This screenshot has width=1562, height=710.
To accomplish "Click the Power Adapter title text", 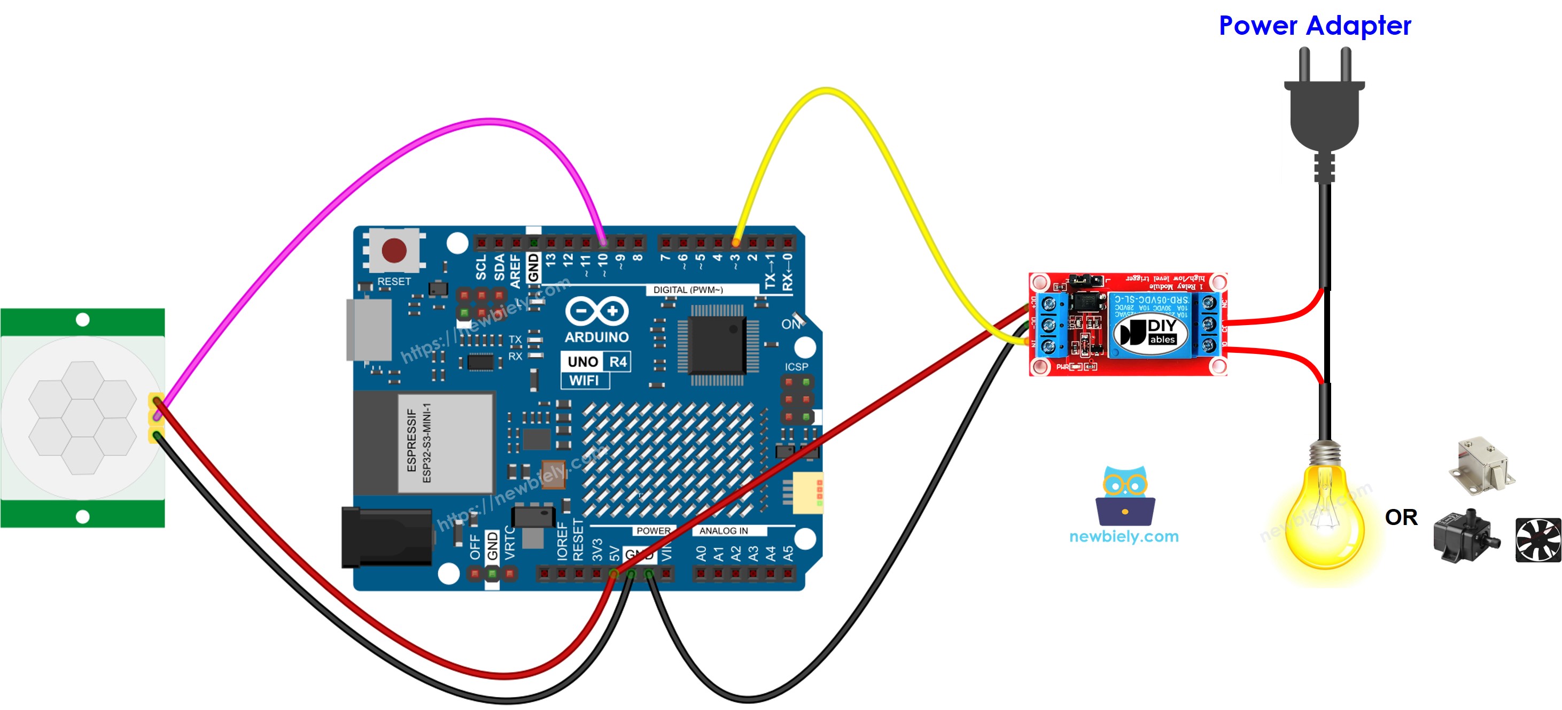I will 1315,26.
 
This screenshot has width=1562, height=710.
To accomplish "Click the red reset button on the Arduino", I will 394,250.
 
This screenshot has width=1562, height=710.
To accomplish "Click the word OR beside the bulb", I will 1401,518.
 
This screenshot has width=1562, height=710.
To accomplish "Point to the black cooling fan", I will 1538,539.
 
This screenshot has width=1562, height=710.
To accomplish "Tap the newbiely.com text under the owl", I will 1124,536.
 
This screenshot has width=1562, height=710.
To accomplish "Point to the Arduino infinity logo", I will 597,311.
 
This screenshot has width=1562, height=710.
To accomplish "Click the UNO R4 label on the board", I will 596,361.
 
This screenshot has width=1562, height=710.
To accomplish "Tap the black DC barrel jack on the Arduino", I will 387,537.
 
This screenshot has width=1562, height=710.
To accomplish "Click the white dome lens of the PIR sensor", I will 82,418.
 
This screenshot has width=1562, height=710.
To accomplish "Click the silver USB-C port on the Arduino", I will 369,330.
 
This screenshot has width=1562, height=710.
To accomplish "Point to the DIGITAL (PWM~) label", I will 688,290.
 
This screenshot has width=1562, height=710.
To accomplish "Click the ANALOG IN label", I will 724,530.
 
